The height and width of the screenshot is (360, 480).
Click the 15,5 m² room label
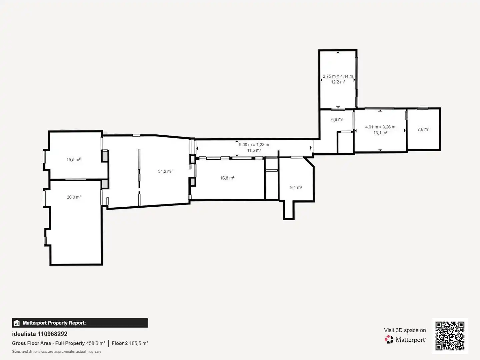[73, 160]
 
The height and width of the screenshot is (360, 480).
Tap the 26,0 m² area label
[74, 197]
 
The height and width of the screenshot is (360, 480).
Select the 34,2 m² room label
[165, 171]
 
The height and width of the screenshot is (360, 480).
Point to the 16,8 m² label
[227, 178]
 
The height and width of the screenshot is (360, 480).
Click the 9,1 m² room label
[296, 188]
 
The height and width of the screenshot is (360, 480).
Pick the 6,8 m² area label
[337, 120]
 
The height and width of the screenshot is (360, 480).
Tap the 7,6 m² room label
[423, 129]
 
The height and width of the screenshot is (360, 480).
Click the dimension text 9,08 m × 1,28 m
[254, 145]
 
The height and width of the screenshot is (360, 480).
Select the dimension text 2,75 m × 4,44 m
[338, 76]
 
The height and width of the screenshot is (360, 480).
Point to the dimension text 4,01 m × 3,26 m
[380, 127]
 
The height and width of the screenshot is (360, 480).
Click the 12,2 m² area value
[338, 82]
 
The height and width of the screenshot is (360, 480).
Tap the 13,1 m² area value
[381, 133]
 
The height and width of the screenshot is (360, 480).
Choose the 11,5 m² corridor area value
[254, 150]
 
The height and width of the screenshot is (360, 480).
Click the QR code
[450, 336]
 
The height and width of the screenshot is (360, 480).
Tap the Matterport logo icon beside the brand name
[389, 339]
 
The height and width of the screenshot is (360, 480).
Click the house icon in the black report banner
[17, 323]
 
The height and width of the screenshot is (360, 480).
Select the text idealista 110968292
[40, 334]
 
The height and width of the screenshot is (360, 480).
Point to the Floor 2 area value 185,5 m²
[139, 343]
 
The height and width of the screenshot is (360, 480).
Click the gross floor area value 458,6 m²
[96, 343]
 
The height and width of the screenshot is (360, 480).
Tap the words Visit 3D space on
[405, 330]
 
